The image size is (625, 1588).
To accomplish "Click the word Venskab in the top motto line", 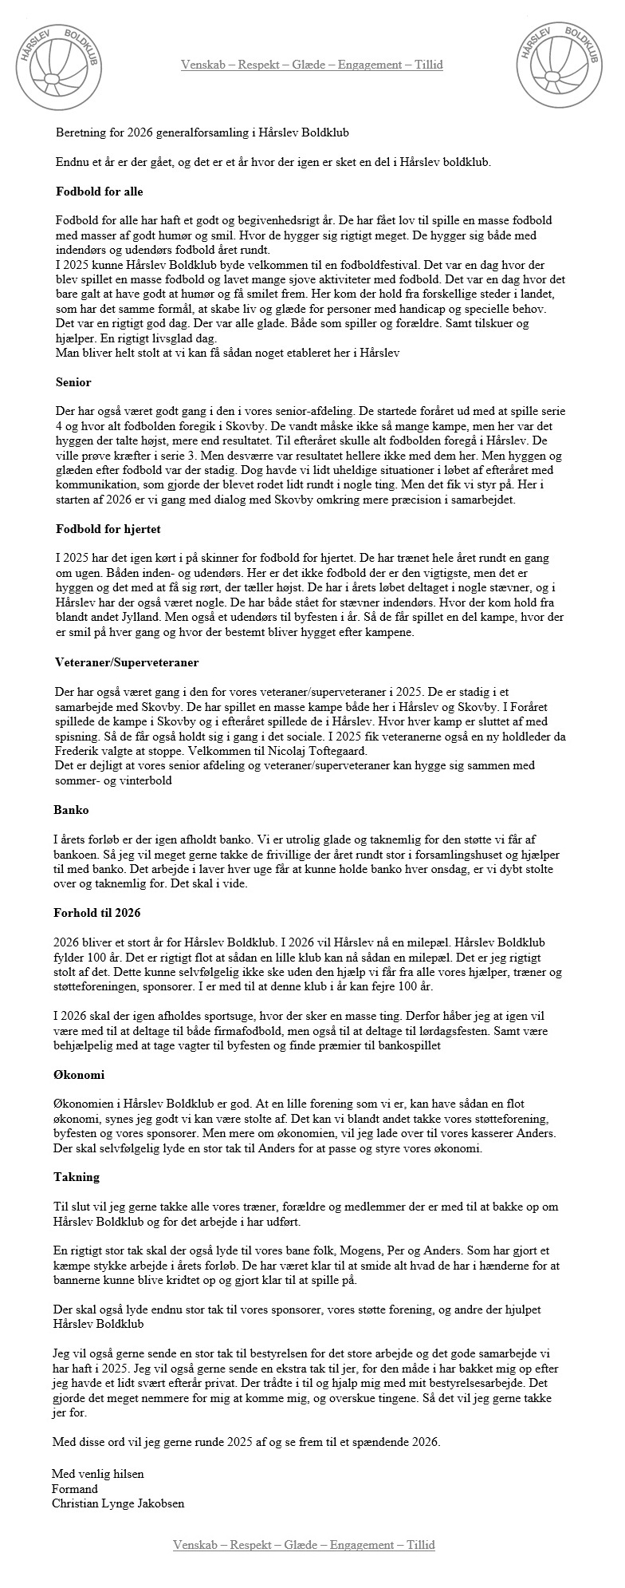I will click(x=202, y=65).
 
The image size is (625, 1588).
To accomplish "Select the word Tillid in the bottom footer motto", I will click(x=421, y=1566).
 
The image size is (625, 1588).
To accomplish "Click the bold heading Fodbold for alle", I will click(x=99, y=192).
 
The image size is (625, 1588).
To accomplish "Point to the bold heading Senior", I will click(x=73, y=382).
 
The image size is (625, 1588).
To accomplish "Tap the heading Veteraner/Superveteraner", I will click(x=127, y=662).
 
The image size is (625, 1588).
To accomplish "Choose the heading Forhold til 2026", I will click(x=98, y=913).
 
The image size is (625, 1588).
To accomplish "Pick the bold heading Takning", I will click(x=77, y=1177).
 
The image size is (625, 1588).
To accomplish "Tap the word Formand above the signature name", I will click(x=75, y=1488).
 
